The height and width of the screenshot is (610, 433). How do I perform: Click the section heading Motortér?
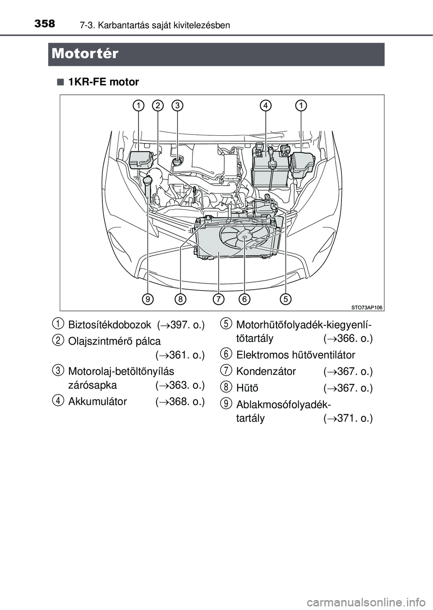[x=85, y=54]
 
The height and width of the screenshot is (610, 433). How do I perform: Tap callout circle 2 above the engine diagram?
[x=158, y=106]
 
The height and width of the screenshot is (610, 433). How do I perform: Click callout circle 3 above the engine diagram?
[x=178, y=106]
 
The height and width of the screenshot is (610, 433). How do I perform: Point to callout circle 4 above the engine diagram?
[x=266, y=106]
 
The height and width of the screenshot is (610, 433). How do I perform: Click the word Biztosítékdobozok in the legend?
[x=106, y=325]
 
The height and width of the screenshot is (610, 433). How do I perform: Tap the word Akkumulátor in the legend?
[x=97, y=402]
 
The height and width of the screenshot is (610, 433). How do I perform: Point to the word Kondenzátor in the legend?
[x=266, y=372]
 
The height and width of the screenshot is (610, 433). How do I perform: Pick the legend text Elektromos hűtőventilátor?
[x=295, y=355]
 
